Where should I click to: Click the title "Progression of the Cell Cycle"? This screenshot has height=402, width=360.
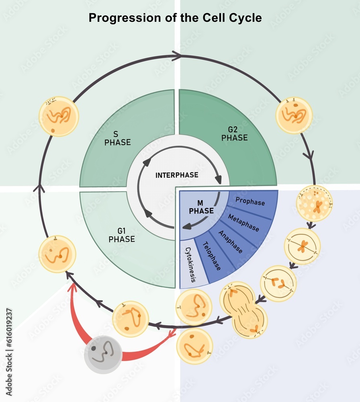point(175,18)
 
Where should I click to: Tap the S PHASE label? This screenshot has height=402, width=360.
point(117,138)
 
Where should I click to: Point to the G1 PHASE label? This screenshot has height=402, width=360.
point(121,235)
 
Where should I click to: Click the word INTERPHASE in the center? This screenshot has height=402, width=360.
point(177,175)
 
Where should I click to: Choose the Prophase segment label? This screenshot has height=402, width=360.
point(250,201)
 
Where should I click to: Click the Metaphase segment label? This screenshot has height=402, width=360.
point(243,222)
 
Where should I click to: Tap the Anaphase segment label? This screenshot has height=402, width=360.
point(231,242)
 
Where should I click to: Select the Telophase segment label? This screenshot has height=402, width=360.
point(212,256)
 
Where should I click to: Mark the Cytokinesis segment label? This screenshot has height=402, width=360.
point(190,265)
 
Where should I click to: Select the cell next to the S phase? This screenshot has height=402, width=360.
point(59,116)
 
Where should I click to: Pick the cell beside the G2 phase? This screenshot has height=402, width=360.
point(294,115)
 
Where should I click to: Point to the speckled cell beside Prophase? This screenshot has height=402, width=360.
point(314,203)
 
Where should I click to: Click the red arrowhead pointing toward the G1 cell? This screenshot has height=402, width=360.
point(73,287)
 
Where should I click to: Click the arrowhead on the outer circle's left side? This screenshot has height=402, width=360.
point(39,188)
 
